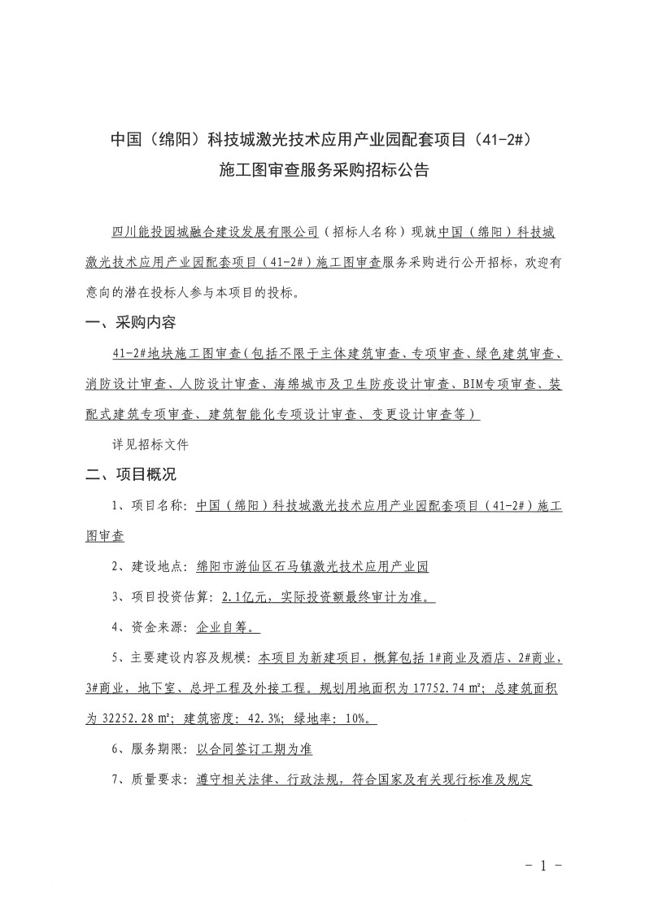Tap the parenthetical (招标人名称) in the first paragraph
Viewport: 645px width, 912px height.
(x=362, y=232)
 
